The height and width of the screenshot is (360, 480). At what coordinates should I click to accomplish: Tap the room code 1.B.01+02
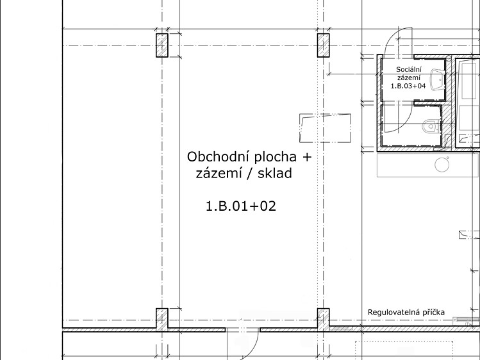pos(241,206)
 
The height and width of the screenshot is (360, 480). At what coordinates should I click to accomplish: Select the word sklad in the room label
pos(275,173)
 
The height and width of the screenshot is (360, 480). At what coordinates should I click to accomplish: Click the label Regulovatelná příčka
pos(406,313)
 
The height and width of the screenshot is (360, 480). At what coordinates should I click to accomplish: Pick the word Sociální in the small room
pos(409,69)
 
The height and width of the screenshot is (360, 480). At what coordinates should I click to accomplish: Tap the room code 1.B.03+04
pos(408,86)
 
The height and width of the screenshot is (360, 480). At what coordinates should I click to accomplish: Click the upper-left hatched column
pos(162,45)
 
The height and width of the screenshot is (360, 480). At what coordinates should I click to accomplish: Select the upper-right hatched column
pos(323,45)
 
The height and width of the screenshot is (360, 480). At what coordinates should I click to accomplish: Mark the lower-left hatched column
pos(162,320)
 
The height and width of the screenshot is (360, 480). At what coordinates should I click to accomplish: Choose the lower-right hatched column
pos(323,320)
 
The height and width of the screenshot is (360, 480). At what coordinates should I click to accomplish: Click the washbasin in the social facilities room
pos(437,80)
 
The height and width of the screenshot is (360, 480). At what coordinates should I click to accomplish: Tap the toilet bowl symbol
pos(431,126)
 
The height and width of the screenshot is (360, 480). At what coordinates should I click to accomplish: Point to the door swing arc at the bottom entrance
pos(254,347)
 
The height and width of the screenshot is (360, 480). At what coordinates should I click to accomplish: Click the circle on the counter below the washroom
pos(442,164)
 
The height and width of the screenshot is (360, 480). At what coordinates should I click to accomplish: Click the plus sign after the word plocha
pos(307,157)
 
